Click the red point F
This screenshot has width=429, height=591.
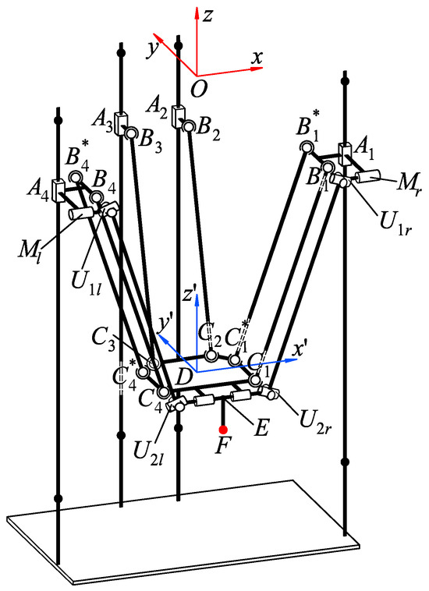223,430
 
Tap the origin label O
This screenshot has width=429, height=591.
198,90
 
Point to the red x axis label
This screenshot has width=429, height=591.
256,57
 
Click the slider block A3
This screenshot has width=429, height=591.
121,125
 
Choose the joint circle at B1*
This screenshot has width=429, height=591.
306,147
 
